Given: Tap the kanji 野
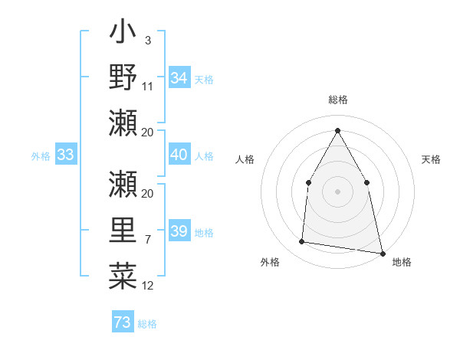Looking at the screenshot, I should (x=123, y=77).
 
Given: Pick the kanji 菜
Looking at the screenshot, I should (x=123, y=276).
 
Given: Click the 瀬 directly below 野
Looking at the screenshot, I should (x=123, y=123).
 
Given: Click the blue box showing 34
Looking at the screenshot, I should (x=179, y=78).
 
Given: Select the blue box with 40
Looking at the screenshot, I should (x=179, y=155).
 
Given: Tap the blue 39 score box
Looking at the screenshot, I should (x=179, y=232).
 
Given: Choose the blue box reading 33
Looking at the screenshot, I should (x=65, y=155).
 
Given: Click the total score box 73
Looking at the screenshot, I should (x=122, y=322).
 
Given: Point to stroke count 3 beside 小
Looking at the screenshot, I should (x=147, y=39).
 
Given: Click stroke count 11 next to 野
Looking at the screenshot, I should (x=148, y=86).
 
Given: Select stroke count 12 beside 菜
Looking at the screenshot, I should (x=148, y=286).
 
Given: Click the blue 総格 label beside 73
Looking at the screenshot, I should (x=147, y=324).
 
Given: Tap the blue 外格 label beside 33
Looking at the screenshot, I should (x=40, y=156).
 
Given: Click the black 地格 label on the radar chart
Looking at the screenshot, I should (x=402, y=262).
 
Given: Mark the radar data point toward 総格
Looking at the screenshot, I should (x=337, y=129).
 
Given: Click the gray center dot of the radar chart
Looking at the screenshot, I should (x=337, y=191).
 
